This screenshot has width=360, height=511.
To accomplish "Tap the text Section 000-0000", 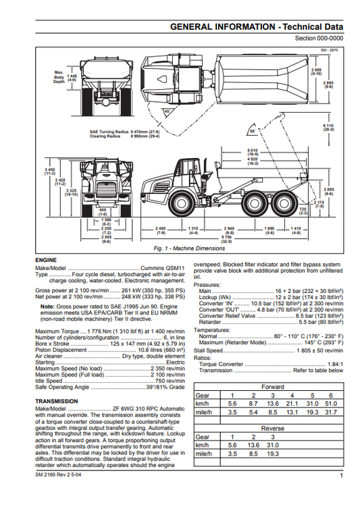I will [x=319, y=39].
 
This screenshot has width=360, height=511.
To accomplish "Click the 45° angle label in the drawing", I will [x=167, y=111].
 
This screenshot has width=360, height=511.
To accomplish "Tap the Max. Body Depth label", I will [x=59, y=76].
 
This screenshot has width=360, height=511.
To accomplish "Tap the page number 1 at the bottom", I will [x=342, y=477].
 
